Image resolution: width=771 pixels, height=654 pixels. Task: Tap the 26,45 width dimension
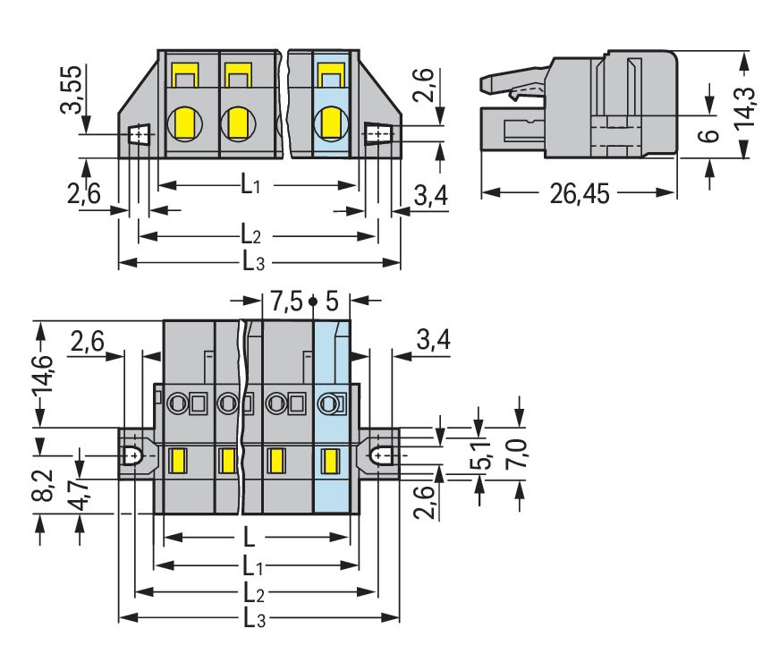578,194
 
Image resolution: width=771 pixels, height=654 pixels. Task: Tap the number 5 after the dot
332,300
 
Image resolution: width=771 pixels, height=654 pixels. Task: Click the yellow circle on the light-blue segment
330,120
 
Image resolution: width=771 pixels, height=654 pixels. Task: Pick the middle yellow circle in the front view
239,120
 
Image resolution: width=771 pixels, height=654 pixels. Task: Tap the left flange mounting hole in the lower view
133,455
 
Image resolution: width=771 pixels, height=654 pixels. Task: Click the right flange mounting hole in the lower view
381,455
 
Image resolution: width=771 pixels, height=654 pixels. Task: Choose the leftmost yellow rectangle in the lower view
177,462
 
